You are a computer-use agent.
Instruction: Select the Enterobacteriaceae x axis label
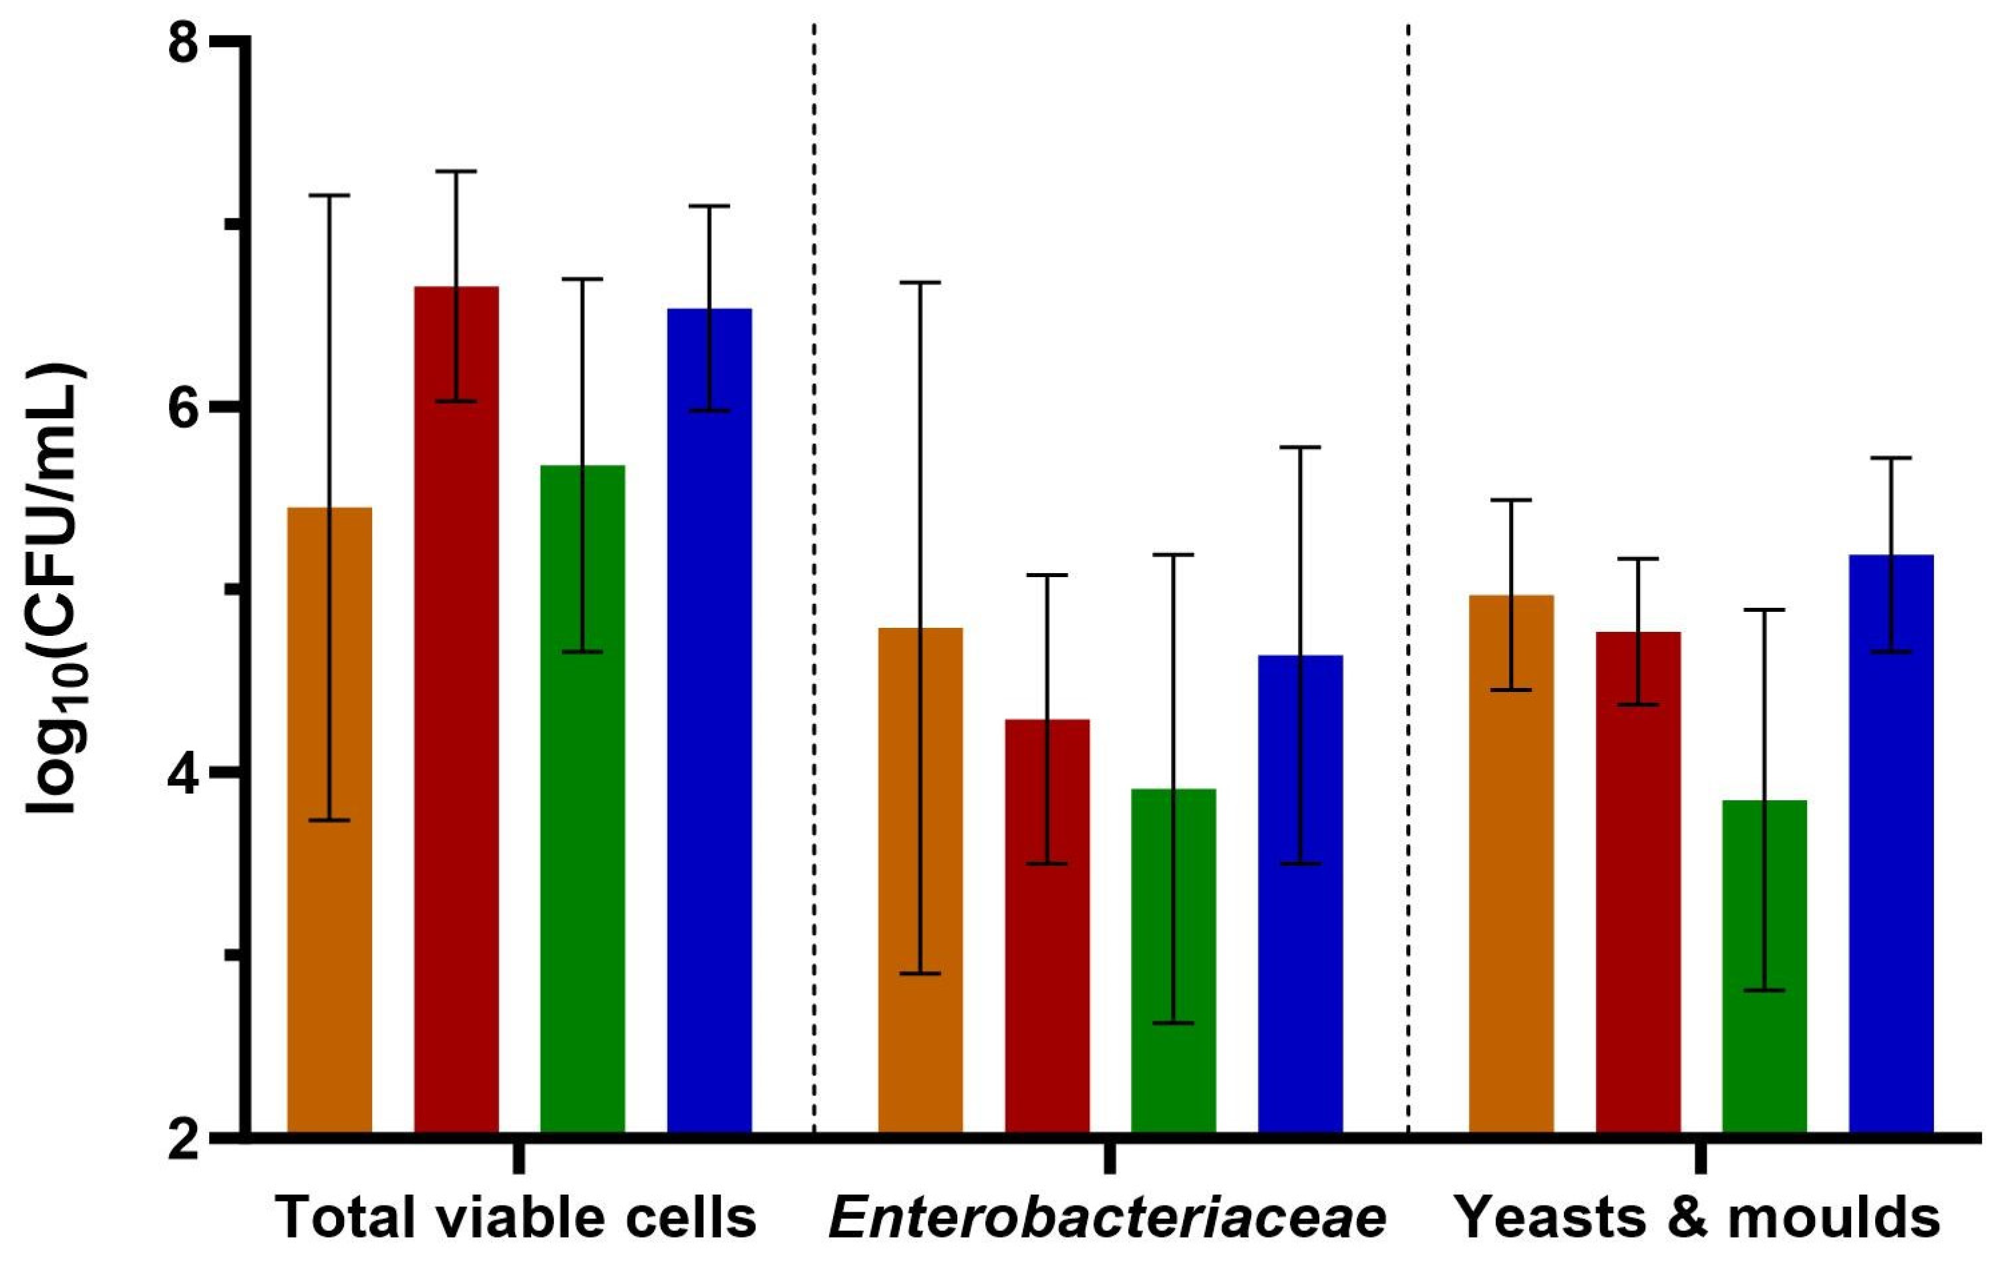[1108, 1219]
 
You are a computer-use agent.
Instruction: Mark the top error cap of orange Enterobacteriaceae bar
[921, 283]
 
